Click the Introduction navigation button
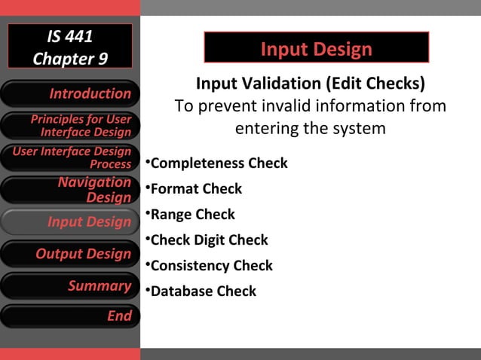tap(70, 93)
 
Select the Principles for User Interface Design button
tap(70, 126)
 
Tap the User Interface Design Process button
tap(70, 157)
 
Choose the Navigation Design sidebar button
tap(70, 190)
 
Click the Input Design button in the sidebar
tap(70, 221)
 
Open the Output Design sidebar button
tap(70, 254)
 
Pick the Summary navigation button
tap(70, 285)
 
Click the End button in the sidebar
tap(70, 316)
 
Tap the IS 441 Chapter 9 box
tap(70, 46)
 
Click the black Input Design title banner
tap(316, 49)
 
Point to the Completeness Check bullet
tap(219, 163)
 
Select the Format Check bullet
tap(196, 188)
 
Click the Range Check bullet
tap(192, 214)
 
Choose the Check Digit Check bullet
tap(209, 240)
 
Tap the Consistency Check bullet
tap(211, 265)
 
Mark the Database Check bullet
tap(203, 291)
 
